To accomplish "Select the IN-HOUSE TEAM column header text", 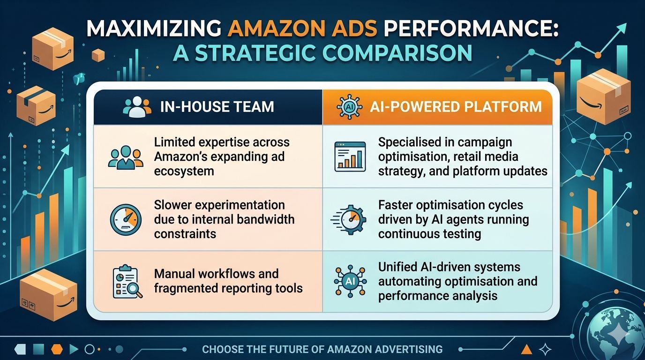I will click(217, 107).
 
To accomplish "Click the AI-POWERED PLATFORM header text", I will click(456, 107).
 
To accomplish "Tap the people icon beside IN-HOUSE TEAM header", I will click(137, 107).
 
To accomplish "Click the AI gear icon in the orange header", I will click(350, 107).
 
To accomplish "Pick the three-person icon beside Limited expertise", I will click(125, 157).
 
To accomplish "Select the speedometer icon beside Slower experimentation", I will click(125, 220).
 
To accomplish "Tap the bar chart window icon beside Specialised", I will click(350, 157).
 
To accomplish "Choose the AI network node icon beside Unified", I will click(350, 281).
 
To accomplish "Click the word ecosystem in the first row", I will click(184, 171).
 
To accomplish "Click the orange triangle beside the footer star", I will click(526, 349).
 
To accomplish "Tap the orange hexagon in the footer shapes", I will click(56, 349).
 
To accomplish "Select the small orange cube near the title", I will click(98, 56).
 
